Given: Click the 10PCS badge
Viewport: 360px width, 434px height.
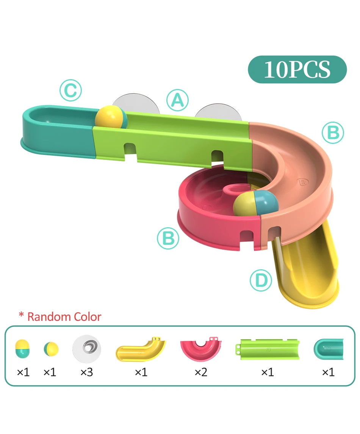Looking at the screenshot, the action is (297, 70).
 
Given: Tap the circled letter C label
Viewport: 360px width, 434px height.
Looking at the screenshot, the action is (70, 91).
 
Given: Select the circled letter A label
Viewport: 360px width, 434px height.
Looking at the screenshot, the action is (177, 100).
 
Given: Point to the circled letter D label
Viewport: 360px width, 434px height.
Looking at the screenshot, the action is (261, 281).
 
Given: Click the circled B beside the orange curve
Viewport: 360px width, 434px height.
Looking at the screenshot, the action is (333, 133).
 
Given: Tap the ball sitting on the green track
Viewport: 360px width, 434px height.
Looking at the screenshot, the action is (111, 118).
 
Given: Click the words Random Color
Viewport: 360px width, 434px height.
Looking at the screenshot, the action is (64, 317).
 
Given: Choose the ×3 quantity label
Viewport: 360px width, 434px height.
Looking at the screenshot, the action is (86, 373).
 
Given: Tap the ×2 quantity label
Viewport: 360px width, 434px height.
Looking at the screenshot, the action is (201, 373).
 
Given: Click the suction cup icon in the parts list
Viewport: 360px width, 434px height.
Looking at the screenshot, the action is (87, 347).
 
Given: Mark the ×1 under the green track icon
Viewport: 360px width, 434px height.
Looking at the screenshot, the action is (267, 373).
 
